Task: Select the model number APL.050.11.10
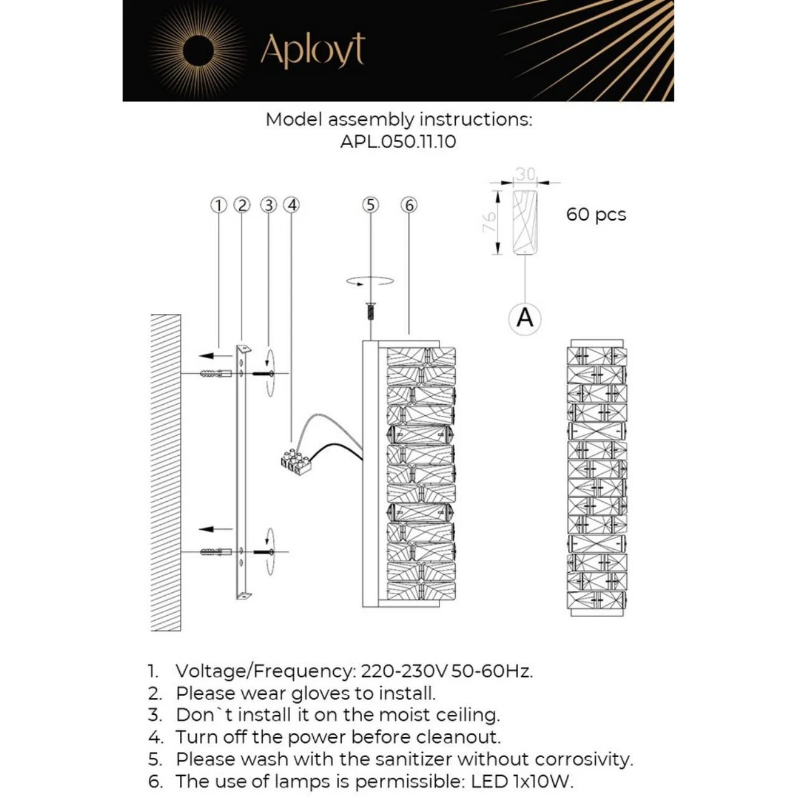[398, 141]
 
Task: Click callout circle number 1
[218, 205]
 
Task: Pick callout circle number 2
[242, 205]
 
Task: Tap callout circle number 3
[268, 205]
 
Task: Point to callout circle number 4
[291, 205]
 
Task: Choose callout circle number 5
[370, 205]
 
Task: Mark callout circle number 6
[408, 205]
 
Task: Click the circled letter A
[525, 318]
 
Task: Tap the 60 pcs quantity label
[596, 215]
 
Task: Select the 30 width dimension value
[526, 174]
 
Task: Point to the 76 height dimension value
[489, 222]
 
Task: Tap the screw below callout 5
[370, 311]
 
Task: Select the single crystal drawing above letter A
[525, 222]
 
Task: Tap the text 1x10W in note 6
[542, 781]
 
